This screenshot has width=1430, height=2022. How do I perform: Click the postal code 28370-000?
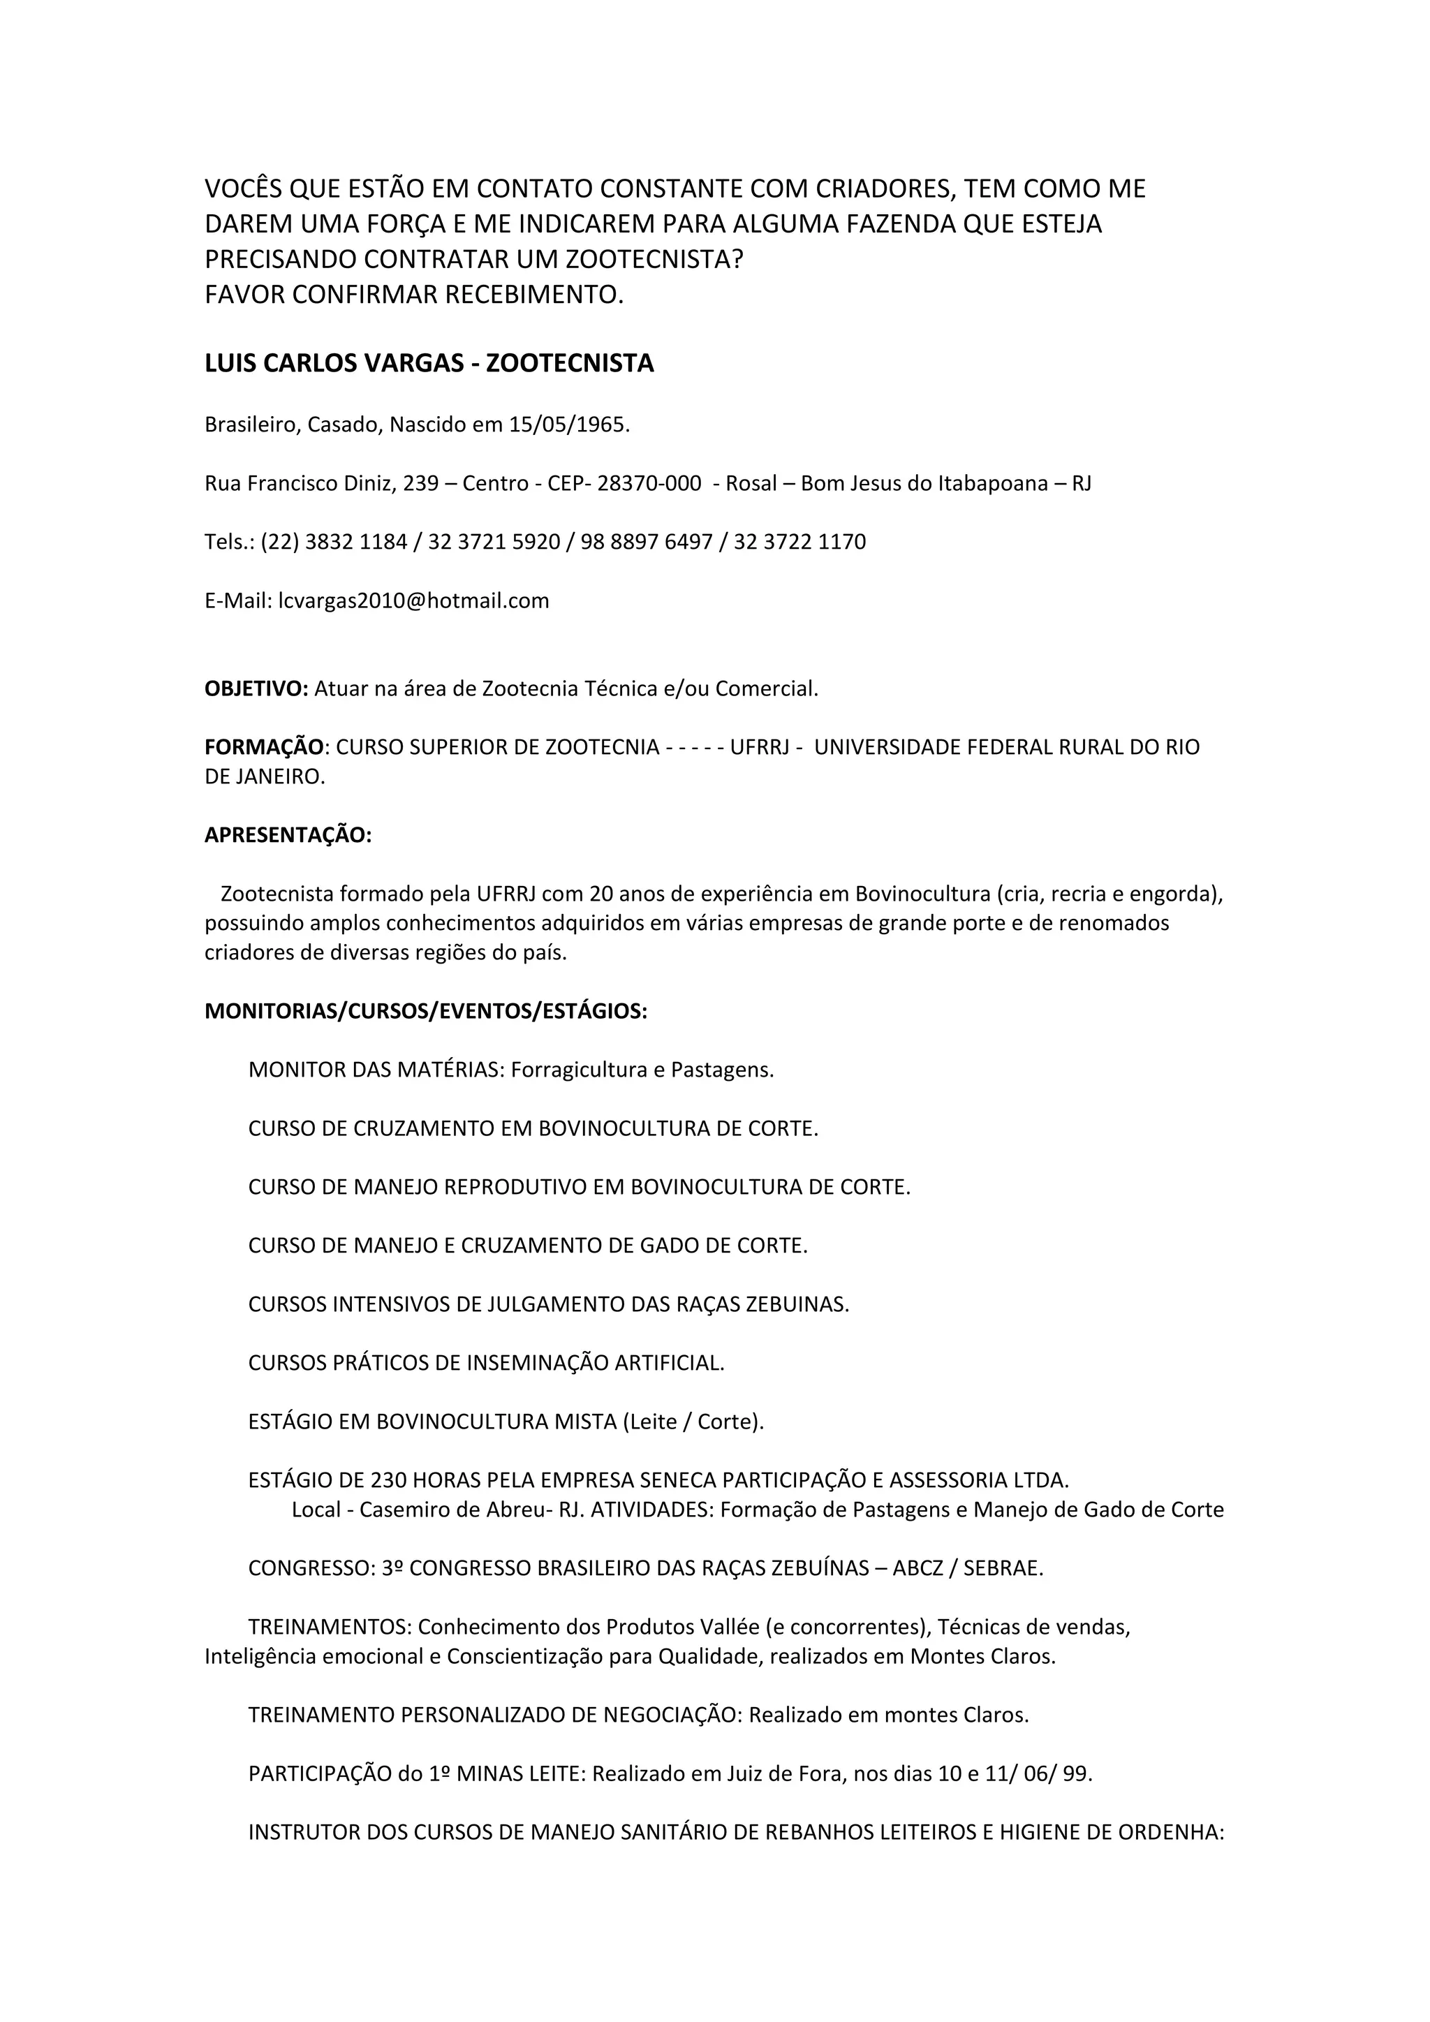pyautogui.click(x=649, y=483)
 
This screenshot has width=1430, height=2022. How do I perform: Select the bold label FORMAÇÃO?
pyautogui.click(x=264, y=748)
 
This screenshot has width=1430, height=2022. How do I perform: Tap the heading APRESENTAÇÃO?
pyautogui.click(x=288, y=836)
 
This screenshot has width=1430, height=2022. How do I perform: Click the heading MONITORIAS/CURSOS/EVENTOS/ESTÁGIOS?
pyautogui.click(x=425, y=1012)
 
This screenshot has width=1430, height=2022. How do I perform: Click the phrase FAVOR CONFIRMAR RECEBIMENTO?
pyautogui.click(x=414, y=295)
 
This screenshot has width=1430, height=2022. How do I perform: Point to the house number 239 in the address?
pyautogui.click(x=421, y=483)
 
